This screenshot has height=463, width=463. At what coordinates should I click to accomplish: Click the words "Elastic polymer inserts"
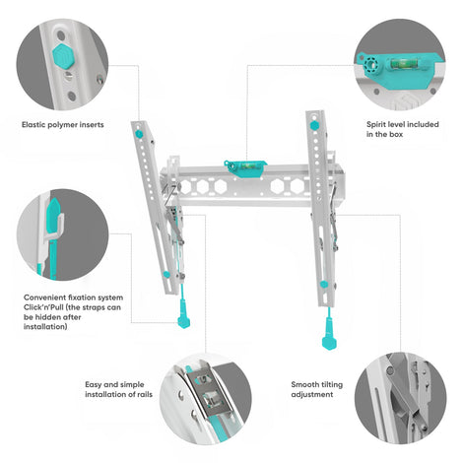(x=63, y=125)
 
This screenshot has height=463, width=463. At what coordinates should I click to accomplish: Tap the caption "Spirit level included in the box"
(x=403, y=129)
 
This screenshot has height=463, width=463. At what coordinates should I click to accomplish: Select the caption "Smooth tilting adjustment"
(x=317, y=389)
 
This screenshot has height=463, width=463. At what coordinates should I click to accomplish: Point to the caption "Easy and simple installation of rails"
(x=118, y=389)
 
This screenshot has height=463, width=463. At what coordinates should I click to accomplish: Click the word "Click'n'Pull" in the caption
(x=43, y=307)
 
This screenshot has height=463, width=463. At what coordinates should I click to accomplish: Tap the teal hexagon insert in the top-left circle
(x=62, y=55)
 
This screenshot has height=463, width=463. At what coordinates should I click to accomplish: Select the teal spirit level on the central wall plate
(x=245, y=168)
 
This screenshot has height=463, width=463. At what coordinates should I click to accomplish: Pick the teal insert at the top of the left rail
(x=139, y=134)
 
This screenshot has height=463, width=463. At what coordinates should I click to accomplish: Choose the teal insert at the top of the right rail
(x=314, y=125)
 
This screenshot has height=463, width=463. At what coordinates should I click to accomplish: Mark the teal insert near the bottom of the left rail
(x=166, y=275)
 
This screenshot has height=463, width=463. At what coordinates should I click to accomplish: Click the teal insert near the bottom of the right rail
(x=324, y=285)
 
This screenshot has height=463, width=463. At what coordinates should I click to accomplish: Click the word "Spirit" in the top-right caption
(x=376, y=125)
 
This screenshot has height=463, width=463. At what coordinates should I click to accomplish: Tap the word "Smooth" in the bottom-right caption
(x=302, y=384)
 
